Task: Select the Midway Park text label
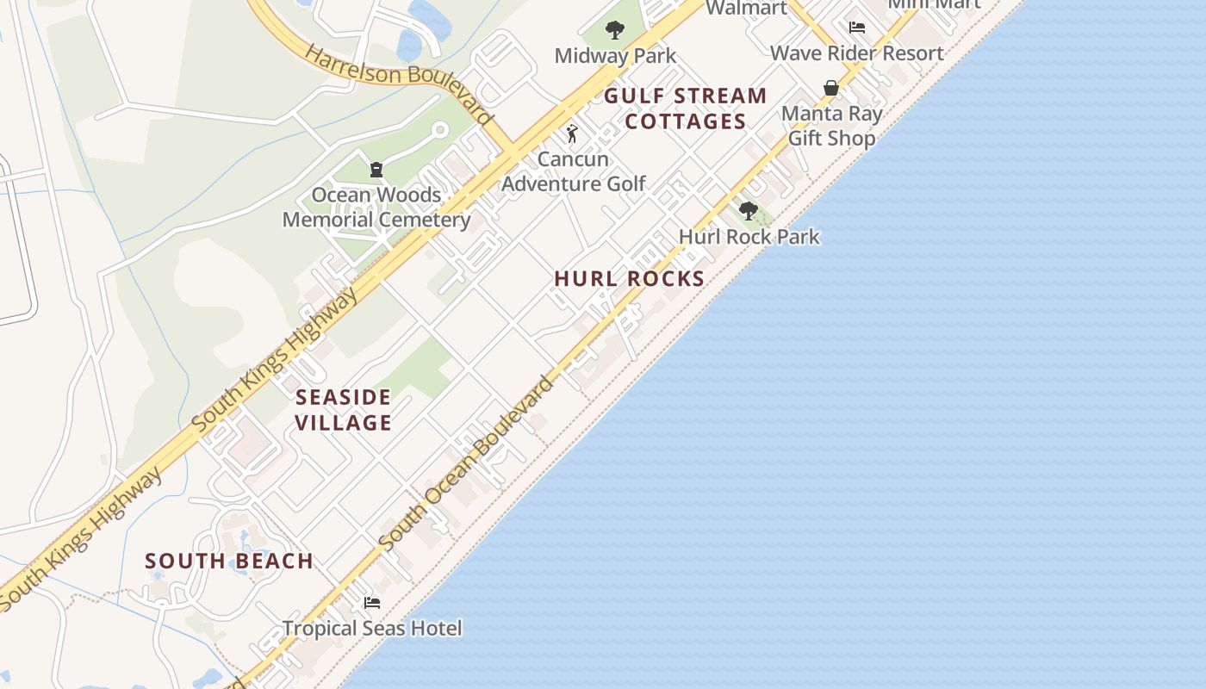pos(615,56)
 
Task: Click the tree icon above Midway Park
pos(614,31)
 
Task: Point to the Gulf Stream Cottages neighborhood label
pos(686,108)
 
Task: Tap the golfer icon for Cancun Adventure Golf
pos(572,133)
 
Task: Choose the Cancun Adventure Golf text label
pos(573,171)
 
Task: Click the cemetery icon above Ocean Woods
pos(376,169)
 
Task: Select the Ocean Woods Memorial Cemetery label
pos(376,207)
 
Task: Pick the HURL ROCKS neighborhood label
pos(630,278)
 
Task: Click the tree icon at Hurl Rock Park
pos(749,210)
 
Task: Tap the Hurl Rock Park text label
pos(749,236)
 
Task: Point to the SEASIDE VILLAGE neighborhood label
pos(344,409)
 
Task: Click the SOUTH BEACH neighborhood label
pos(229,561)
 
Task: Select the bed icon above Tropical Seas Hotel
pos(372,602)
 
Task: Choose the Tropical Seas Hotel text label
pos(372,628)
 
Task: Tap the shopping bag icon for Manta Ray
pos(831,88)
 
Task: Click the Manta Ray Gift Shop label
pos(831,125)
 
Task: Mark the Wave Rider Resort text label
pos(856,53)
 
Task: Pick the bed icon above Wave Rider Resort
pos(856,28)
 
